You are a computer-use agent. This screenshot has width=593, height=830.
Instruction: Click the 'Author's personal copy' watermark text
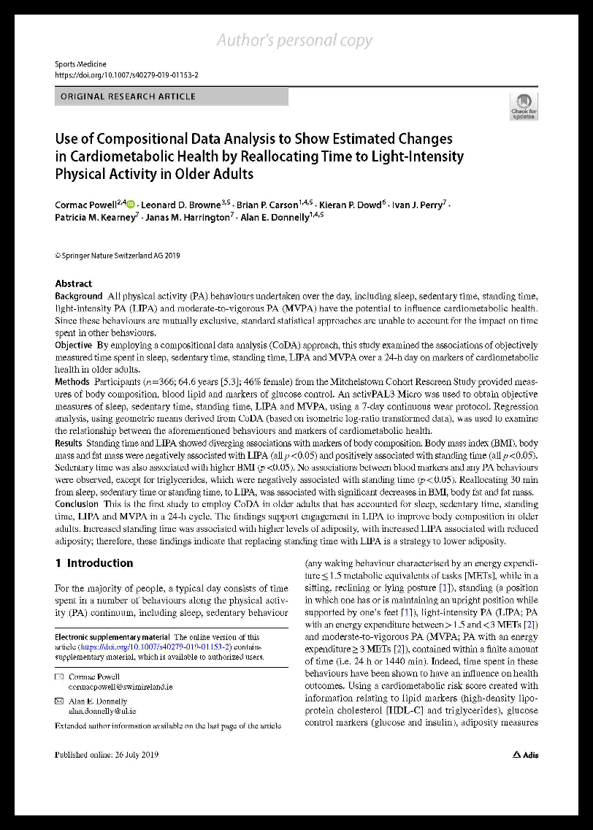(294, 41)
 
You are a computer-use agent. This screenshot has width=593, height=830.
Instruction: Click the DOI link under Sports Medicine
(126, 75)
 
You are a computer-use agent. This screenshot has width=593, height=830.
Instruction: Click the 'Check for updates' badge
(524, 107)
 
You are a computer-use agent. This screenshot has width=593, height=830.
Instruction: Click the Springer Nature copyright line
(118, 256)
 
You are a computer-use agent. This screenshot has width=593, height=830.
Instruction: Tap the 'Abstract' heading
(74, 283)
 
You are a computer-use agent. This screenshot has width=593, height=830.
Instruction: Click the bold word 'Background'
(79, 296)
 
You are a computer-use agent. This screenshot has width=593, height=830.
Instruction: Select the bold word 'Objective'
(74, 344)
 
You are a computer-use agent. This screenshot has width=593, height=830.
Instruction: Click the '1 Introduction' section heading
(94, 563)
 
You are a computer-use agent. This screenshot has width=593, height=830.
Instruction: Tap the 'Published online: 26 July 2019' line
(107, 755)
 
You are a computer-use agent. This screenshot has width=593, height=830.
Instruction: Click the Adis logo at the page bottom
(525, 755)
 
